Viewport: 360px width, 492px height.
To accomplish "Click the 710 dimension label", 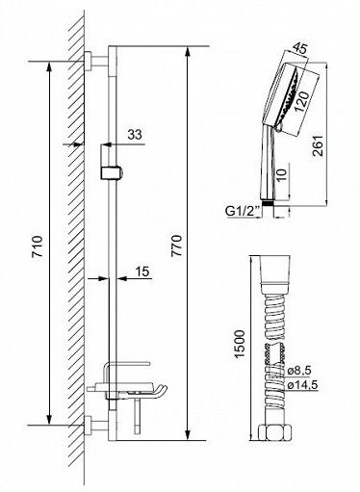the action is pos(38,246).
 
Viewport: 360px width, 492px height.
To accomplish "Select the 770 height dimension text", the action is pos(176,246).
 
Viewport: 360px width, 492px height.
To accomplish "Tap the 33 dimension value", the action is pos(135,135).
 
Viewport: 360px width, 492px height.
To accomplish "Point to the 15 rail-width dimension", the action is pos(143,272).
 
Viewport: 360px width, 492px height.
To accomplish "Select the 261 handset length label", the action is pos(318,145).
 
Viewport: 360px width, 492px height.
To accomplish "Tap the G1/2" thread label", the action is pos(243,212).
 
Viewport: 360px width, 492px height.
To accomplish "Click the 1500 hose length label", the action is pos(240,344).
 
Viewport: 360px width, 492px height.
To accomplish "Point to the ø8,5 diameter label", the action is pos(299,371).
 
